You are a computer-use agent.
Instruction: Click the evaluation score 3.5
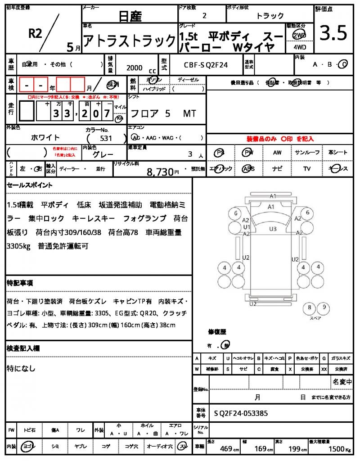333,33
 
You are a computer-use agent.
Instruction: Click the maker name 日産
130,17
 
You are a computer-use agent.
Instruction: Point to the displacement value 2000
135,68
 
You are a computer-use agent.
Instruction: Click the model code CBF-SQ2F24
206,65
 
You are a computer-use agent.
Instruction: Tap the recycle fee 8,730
160,171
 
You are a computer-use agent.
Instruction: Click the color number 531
106,139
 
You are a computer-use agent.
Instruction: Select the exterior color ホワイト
45,137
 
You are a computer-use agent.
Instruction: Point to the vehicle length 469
226,448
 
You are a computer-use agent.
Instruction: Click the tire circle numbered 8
309,308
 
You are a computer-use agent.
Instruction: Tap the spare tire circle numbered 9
323,308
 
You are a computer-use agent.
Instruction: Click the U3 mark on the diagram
273,229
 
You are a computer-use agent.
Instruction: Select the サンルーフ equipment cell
307,153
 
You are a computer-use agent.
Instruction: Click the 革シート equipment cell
338,153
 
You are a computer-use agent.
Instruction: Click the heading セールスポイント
30,185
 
